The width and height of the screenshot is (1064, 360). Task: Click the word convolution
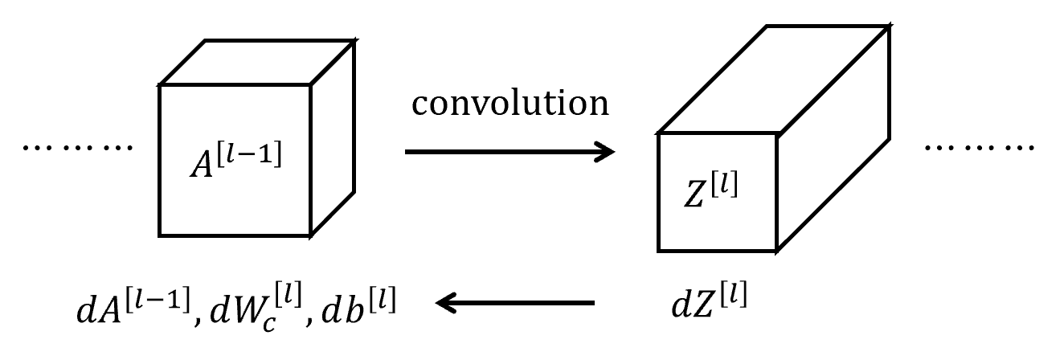pos(509,105)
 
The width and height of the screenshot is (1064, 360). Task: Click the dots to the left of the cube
pos(77,148)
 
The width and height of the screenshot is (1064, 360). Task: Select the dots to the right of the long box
pos(976,148)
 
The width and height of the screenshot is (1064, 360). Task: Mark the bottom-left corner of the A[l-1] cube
pos(160,235)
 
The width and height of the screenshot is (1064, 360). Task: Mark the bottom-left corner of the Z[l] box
pos(659,251)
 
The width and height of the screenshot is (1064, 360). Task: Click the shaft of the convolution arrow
pos(498,151)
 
